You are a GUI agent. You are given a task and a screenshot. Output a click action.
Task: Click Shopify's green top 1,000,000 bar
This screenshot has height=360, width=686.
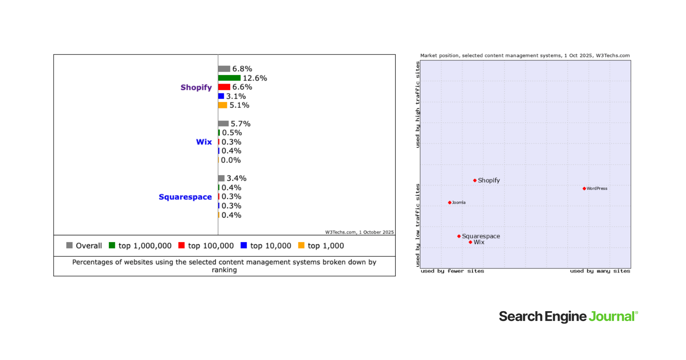(x=229, y=78)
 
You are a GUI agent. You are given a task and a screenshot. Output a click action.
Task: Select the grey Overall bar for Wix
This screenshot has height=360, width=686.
(x=223, y=123)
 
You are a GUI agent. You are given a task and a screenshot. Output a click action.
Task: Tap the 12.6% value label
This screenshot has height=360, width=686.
(x=255, y=78)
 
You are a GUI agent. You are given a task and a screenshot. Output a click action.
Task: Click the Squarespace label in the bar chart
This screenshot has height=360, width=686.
(x=185, y=197)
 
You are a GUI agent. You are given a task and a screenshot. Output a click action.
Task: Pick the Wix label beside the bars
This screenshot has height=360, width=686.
(x=204, y=142)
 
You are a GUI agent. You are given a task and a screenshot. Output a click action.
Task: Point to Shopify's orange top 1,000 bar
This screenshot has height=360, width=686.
(x=222, y=105)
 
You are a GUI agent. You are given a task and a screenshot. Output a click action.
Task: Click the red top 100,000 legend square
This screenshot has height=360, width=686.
(x=181, y=245)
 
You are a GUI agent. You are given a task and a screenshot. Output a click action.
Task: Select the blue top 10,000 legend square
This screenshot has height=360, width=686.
(x=244, y=245)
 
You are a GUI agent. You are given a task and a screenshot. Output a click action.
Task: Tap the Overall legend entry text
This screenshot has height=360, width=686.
(x=89, y=246)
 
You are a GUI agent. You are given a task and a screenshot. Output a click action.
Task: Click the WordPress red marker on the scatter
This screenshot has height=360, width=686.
(x=584, y=189)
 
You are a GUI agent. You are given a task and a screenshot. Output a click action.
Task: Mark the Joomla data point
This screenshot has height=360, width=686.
(x=449, y=203)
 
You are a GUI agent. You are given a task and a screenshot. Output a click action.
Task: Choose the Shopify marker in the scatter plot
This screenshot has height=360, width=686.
(x=475, y=180)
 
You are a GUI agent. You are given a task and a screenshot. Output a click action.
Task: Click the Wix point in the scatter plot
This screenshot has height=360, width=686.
(x=470, y=242)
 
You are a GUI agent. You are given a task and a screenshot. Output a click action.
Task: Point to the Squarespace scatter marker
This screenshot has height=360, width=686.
(x=459, y=236)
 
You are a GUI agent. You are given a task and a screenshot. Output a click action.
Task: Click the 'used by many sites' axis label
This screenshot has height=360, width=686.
(x=600, y=271)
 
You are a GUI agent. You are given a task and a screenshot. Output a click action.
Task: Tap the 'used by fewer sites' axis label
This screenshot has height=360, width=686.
(x=452, y=271)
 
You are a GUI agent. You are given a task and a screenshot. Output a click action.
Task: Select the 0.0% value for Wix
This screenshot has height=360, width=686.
(x=231, y=160)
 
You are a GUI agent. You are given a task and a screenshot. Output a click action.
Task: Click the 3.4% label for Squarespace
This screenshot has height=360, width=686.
(x=236, y=178)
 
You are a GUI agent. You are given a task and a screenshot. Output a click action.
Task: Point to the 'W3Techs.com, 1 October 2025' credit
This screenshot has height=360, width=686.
(x=359, y=232)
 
